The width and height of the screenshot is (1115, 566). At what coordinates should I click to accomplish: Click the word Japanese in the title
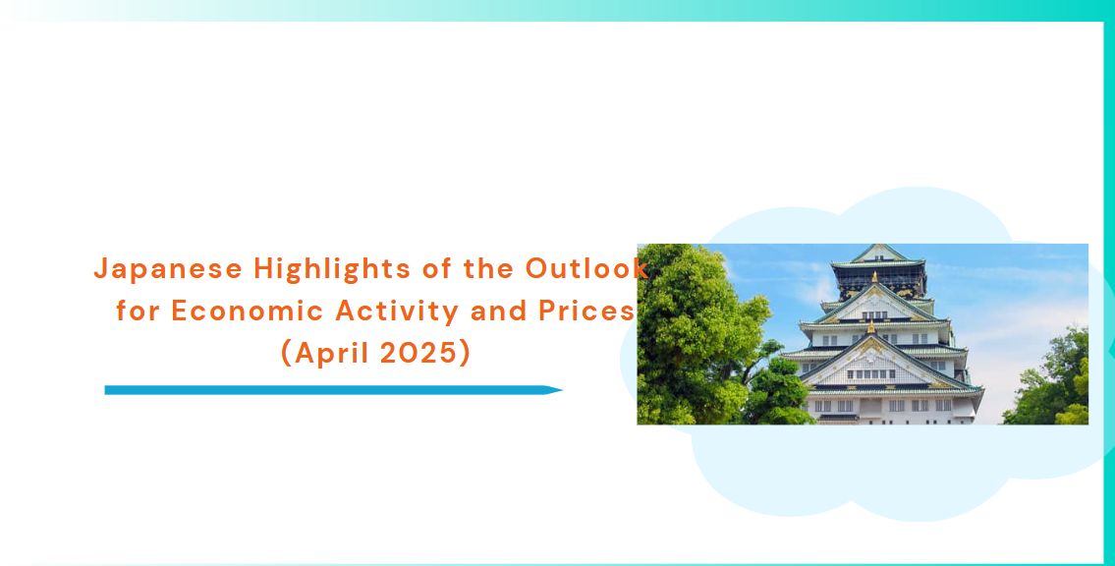pos(168,269)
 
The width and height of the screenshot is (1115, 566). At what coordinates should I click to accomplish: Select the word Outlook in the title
pos(586,269)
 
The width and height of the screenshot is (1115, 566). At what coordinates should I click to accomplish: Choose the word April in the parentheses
pos(332,354)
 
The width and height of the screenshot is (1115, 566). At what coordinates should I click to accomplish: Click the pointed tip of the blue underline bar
pos(562,390)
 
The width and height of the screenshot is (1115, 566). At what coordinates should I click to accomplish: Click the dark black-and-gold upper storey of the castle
pos(879,280)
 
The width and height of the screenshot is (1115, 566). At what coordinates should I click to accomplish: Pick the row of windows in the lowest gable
pos(871,374)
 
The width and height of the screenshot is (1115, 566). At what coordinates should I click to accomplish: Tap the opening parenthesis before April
pos(287,354)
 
